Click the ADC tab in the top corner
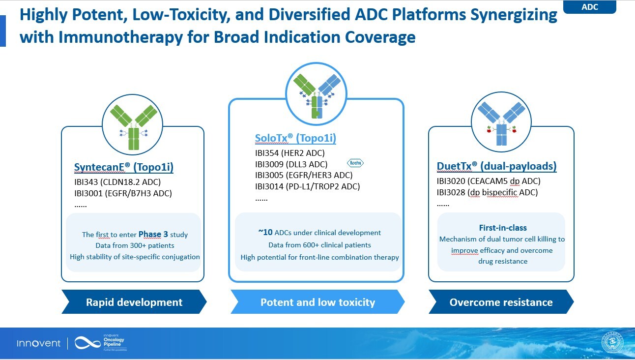click(x=589, y=7)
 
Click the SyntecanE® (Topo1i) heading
click(x=123, y=168)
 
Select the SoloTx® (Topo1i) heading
click(x=295, y=138)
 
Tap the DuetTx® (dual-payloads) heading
click(x=496, y=166)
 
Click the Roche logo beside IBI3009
click(x=355, y=163)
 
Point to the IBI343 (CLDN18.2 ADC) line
click(x=117, y=182)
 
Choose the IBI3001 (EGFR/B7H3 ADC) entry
click(x=123, y=193)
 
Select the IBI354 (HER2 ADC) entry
click(x=290, y=153)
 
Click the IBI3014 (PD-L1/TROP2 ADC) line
click(x=307, y=186)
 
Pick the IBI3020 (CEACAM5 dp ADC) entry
click(x=489, y=181)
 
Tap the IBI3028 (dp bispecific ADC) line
click(x=487, y=192)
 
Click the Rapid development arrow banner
click(x=134, y=302)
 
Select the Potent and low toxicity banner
click(x=317, y=302)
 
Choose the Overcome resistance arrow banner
click(x=501, y=302)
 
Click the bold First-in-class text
click(x=503, y=228)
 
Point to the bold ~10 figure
click(x=266, y=232)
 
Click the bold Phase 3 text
click(x=153, y=234)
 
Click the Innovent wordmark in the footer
click(x=39, y=343)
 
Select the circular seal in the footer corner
click(x=612, y=343)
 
